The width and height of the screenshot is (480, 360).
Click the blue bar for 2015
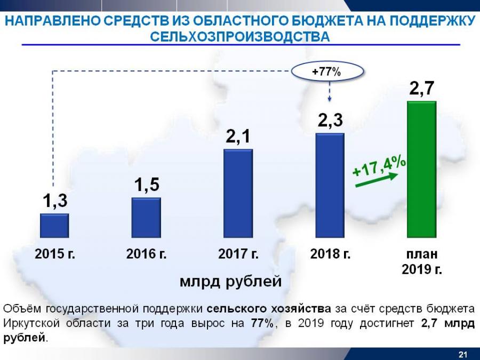click(54, 225)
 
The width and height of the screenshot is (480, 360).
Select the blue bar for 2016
click(146, 218)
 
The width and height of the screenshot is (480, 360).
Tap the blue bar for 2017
click(238, 193)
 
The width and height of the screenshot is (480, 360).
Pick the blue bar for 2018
click(330, 185)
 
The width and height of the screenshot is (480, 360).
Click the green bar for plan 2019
click(422, 169)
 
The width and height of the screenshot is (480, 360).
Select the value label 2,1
click(238, 137)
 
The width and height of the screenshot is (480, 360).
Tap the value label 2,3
click(330, 121)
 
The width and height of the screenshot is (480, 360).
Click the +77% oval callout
click(326, 71)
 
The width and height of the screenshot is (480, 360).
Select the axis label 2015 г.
click(55, 254)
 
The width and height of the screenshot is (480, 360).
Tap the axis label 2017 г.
click(238, 254)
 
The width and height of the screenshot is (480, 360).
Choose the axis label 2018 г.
click(330, 254)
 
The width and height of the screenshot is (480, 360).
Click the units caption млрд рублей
click(230, 281)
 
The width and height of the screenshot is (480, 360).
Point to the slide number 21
click(462, 354)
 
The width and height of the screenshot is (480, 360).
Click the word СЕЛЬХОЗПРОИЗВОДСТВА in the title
click(240, 36)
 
